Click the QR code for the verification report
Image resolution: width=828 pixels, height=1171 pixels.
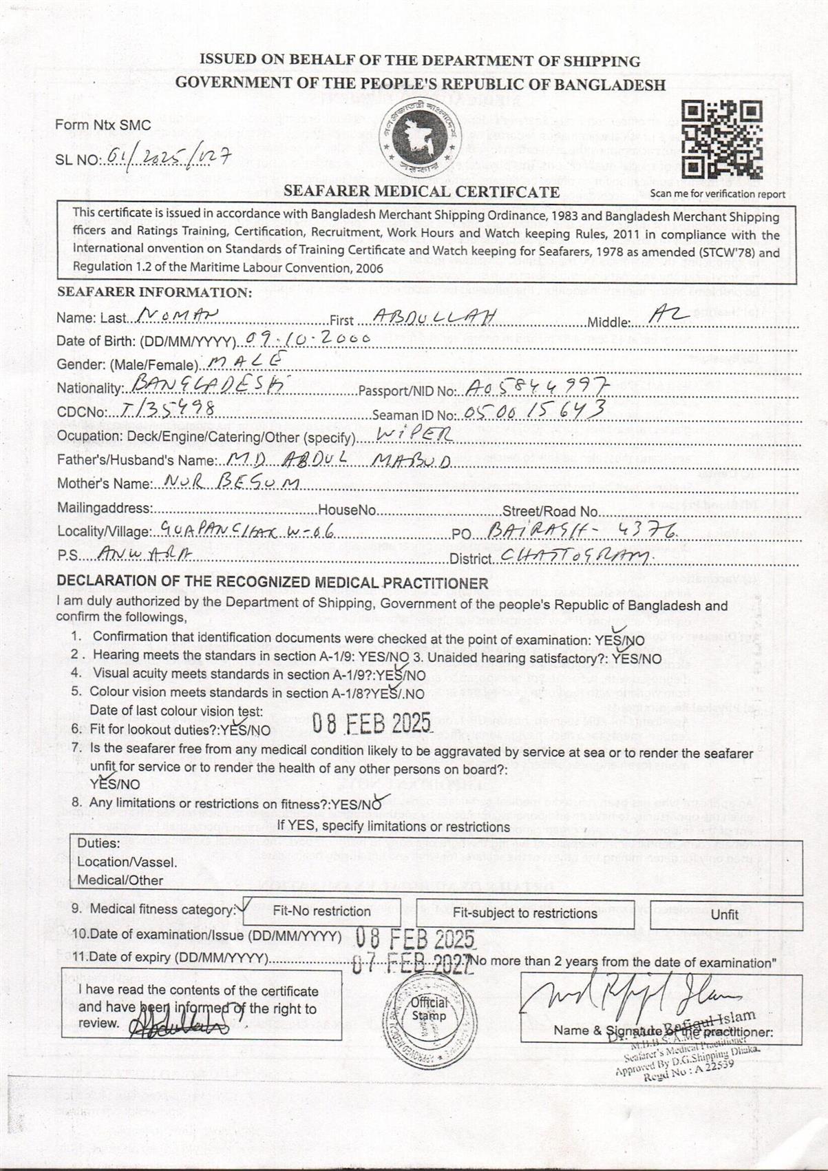722,140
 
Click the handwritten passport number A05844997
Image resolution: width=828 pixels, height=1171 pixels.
536,387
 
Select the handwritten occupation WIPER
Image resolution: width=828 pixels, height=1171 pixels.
416,434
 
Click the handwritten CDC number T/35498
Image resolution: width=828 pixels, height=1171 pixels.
166,410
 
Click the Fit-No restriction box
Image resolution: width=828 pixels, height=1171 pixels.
321,911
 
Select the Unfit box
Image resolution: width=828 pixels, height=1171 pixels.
725,915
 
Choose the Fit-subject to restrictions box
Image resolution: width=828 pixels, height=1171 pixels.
524,913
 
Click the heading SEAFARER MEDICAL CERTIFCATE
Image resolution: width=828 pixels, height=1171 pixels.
421,191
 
